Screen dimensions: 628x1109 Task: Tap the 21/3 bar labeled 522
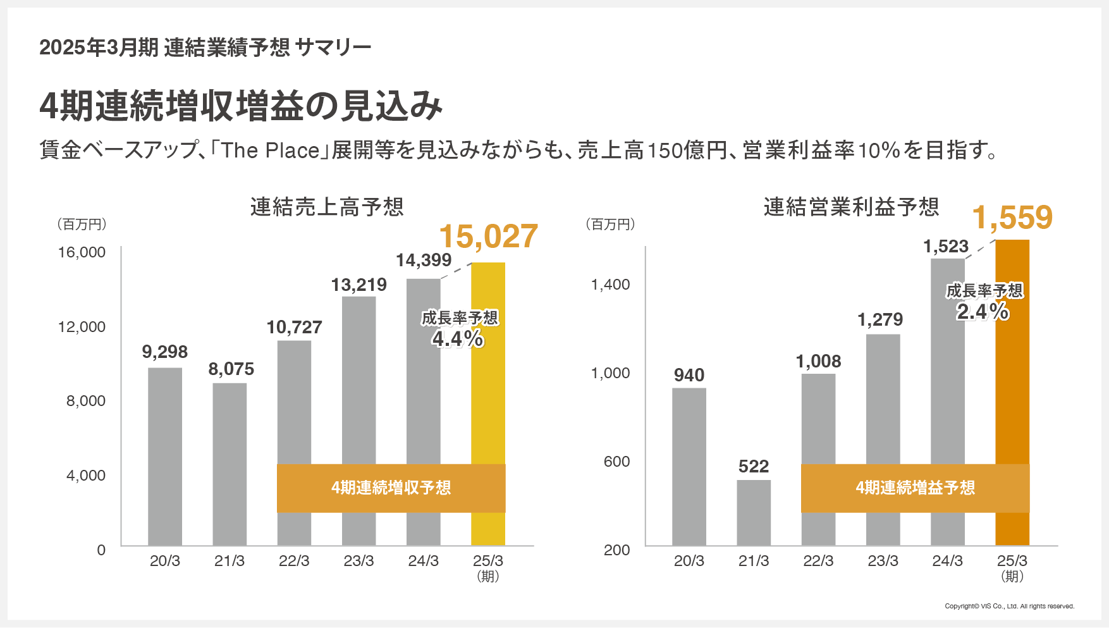[x=754, y=512]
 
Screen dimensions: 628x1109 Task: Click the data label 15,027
[x=488, y=237]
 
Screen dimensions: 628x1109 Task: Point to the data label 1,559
[x=1012, y=218]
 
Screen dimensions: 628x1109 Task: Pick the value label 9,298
[x=165, y=352]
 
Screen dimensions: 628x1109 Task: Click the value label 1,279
[x=880, y=319]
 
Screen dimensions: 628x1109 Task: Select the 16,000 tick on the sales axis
[x=82, y=252]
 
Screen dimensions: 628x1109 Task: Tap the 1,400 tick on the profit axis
[x=610, y=285]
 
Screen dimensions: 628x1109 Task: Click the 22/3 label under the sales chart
[x=294, y=561]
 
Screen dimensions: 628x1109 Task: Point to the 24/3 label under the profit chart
[x=947, y=561]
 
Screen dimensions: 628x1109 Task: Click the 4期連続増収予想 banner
[x=391, y=488]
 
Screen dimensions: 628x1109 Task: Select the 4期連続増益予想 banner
[x=915, y=488]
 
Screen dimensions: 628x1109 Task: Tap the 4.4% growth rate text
[x=458, y=339]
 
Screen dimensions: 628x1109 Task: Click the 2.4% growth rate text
[x=983, y=311]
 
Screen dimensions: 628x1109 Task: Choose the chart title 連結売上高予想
[x=327, y=207]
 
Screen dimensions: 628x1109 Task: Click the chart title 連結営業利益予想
[x=851, y=207]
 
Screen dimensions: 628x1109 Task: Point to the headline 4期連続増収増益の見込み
[x=240, y=106]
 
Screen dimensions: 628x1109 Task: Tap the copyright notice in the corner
[x=1009, y=606]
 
